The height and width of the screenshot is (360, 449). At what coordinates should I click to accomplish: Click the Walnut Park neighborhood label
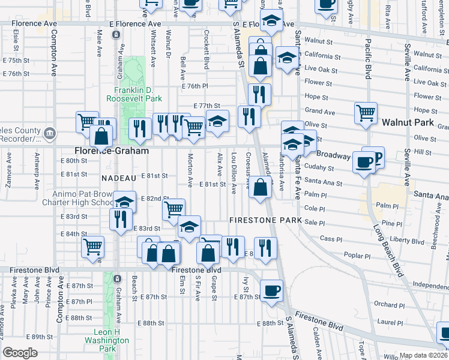pos(408,122)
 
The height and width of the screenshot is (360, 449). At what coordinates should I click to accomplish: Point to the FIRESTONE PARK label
pos(265,220)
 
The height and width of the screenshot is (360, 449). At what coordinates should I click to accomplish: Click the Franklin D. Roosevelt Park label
pos(134,93)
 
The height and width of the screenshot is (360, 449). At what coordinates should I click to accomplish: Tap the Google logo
pos(20,353)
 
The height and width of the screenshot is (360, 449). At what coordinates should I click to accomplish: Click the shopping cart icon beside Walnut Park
pos(366,112)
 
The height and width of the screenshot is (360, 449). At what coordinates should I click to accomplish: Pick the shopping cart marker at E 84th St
pos(92,245)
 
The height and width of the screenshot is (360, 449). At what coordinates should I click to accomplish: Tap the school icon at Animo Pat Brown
pos(124,202)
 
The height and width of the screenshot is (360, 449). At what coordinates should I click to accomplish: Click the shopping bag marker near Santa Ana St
pos(260,187)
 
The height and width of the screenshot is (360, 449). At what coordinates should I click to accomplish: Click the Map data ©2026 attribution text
pos(422,355)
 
